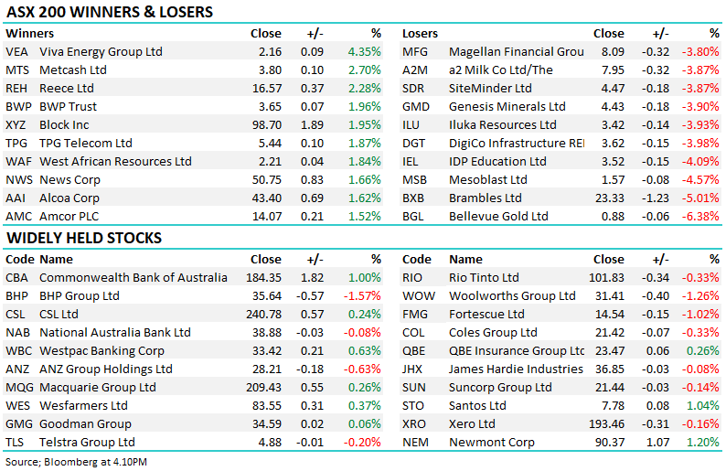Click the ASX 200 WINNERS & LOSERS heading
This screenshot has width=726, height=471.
[x=110, y=13]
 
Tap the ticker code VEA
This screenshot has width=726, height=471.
[x=16, y=52]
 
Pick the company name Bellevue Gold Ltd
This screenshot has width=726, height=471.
[x=498, y=216]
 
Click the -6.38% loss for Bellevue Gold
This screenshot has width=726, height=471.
[x=702, y=216]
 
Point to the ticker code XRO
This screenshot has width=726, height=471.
[x=416, y=424]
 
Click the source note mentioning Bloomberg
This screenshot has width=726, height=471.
[x=77, y=462]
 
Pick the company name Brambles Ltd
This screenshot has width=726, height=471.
[x=485, y=198]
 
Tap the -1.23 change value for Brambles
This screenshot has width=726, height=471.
[x=662, y=198]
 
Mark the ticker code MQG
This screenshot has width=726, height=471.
[x=18, y=388]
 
